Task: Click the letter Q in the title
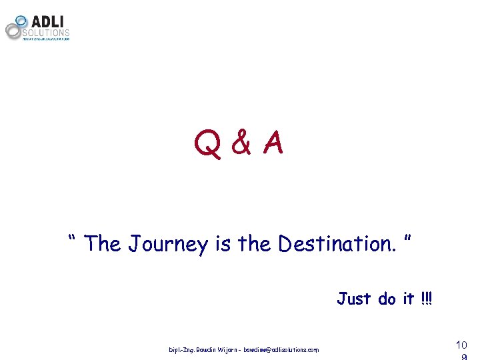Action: pos(207,143)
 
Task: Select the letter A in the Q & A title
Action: pos(272,142)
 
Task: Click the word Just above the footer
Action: pos(354,298)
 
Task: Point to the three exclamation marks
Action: pos(427,298)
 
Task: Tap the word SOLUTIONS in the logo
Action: pos(46,32)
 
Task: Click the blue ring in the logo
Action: pos(21,21)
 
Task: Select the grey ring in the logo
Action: pos(13,30)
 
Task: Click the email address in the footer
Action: pos(281,349)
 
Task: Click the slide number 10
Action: pos(460,345)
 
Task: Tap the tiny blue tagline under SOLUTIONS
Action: pos(46,39)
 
